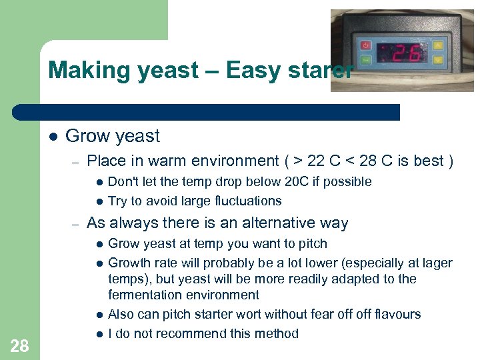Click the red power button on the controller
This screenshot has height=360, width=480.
(365, 45)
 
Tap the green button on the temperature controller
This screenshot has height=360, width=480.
(365, 60)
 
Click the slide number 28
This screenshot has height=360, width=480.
(19, 345)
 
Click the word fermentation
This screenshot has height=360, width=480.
(144, 295)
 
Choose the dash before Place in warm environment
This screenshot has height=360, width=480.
(76, 161)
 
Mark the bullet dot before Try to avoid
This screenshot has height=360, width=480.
(98, 201)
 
